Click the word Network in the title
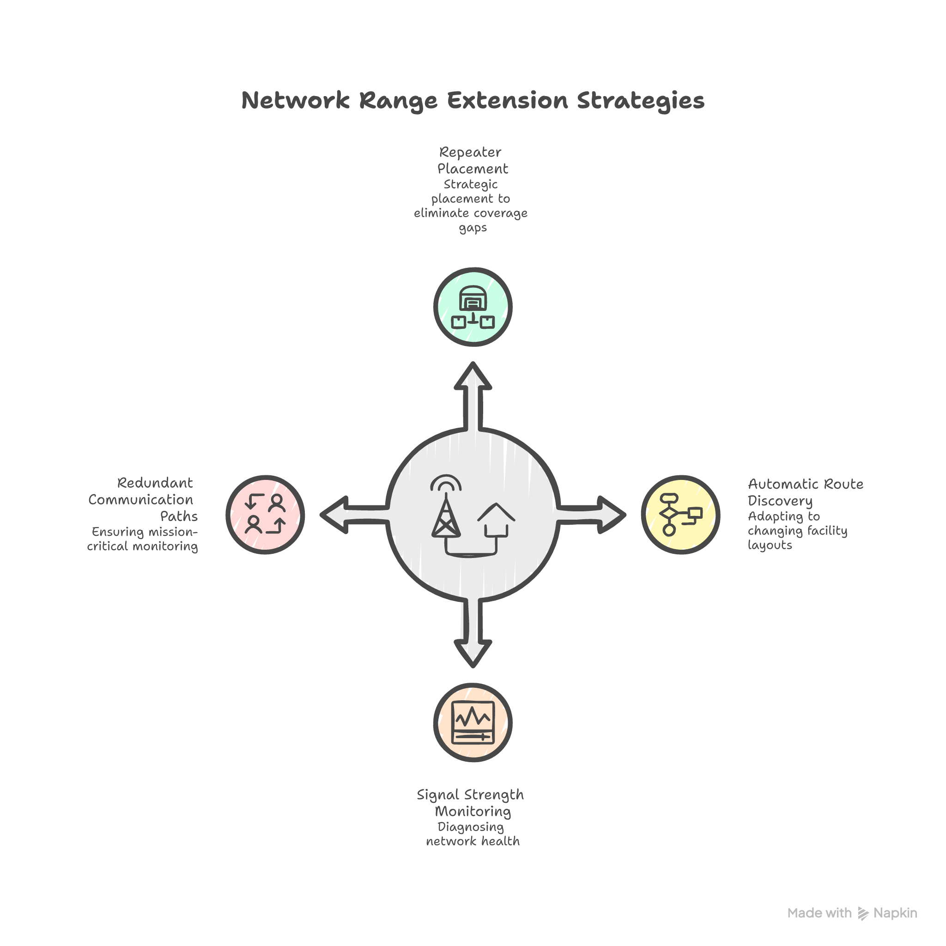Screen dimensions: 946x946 pos(295,100)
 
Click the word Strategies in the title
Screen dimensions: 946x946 pos(641,100)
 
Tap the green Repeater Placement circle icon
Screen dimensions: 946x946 pos(473,307)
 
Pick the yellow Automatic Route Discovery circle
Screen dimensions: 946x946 pos(680,515)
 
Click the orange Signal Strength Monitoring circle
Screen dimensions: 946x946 pos(473,722)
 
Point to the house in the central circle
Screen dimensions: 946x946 pos(496,522)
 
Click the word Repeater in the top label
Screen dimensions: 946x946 pos(470,152)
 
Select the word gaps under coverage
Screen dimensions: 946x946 pos(473,228)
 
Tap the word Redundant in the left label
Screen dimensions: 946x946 pos(155,483)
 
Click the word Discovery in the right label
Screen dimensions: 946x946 pos(780,501)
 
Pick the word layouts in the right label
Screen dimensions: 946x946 pos(770,545)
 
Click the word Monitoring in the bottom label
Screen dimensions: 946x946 pos(473,811)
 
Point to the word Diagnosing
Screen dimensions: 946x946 pos(471,827)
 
